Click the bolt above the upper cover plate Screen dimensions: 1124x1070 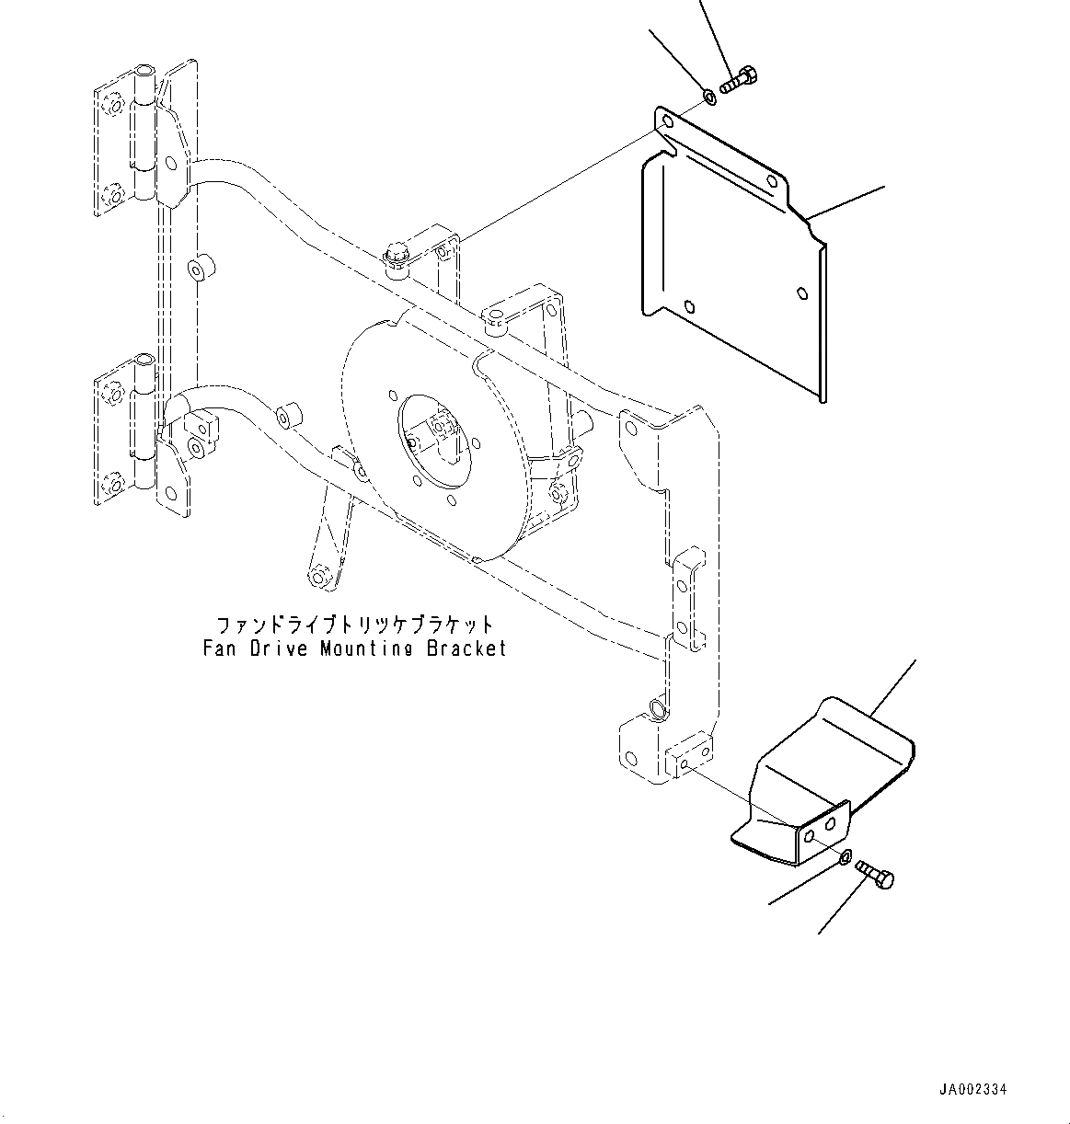click(735, 82)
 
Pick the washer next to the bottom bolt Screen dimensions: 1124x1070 click(844, 858)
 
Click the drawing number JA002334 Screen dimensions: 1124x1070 click(973, 1089)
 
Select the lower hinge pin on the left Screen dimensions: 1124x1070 click(144, 419)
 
